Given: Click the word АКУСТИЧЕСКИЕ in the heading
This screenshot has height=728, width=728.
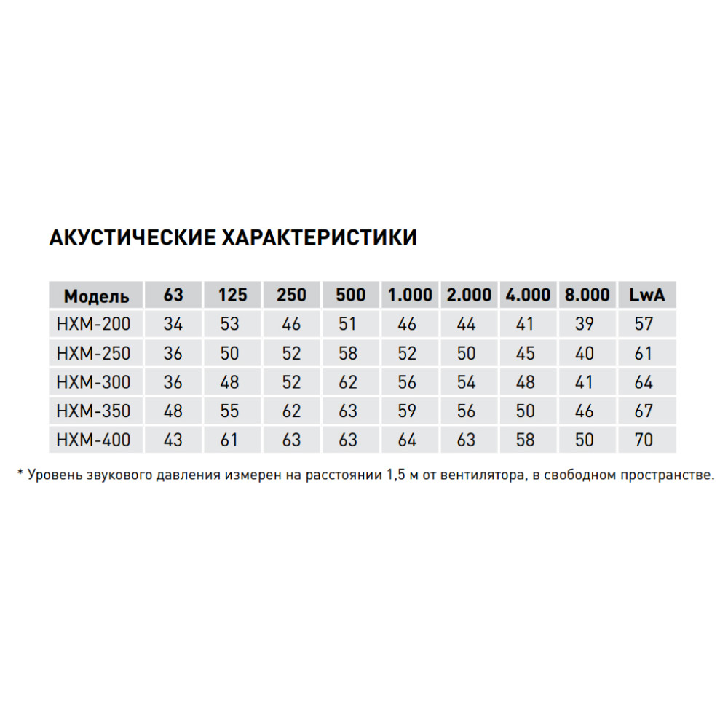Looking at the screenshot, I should click(132, 237).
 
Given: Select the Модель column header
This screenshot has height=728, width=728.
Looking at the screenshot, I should click(96, 296).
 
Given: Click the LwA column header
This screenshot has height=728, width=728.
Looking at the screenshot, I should click(646, 296).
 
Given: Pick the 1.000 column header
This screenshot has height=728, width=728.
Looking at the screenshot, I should click(410, 296).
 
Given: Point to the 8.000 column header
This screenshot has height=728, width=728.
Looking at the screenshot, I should click(587, 296).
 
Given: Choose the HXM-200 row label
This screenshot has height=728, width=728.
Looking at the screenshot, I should click(93, 324).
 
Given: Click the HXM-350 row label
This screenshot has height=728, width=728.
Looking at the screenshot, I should click(93, 411).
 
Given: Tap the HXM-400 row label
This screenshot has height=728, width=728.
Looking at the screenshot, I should click(93, 440).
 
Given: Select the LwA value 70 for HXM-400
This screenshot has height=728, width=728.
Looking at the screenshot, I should click(644, 440).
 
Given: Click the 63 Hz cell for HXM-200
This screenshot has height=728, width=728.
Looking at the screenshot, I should click(173, 324).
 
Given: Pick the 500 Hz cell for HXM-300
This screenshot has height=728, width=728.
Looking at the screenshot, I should click(348, 382).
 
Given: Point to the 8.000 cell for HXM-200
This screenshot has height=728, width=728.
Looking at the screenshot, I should click(585, 324).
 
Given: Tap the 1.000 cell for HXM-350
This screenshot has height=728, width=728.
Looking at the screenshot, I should click(407, 411).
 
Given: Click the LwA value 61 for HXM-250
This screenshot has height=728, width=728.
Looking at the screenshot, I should click(644, 353).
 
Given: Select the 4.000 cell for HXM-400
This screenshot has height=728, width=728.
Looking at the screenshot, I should click(525, 440).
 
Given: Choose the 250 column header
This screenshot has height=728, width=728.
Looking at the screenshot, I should click(291, 296).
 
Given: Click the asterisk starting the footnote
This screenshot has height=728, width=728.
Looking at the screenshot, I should click(20, 474).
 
